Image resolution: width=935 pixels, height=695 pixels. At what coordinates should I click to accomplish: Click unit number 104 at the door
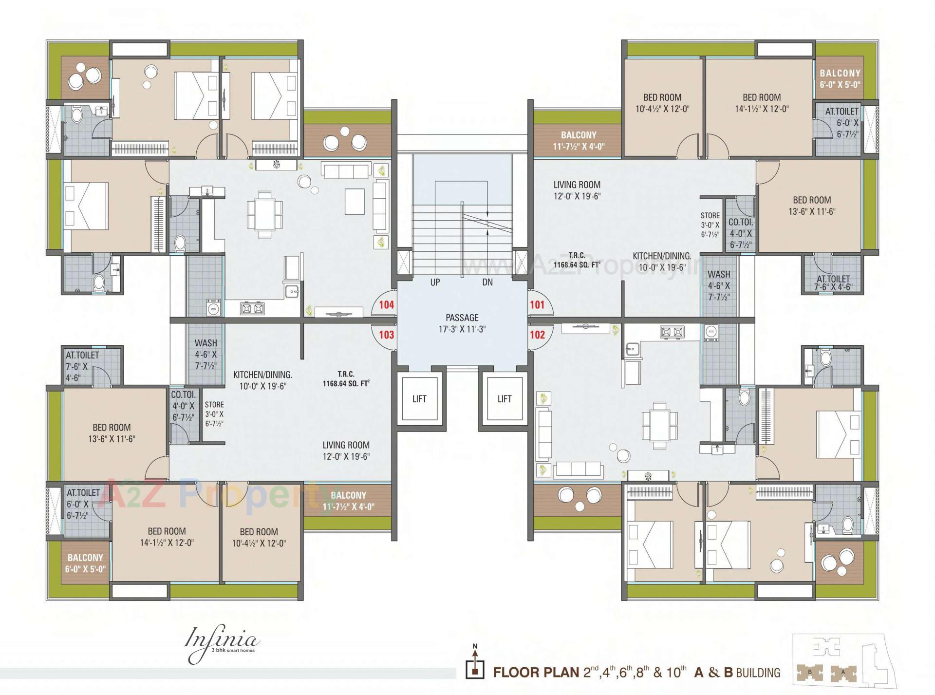pos(386,305)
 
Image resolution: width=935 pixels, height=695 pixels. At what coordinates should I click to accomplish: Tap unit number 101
pos(537,305)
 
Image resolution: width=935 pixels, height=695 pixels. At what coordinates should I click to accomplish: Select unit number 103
pos(386,335)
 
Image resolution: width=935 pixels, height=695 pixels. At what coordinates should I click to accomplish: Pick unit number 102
pos(537,335)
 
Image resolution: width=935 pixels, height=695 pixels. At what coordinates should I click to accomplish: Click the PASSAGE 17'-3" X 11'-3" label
pos(462,323)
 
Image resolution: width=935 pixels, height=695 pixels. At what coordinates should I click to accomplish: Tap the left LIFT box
pos(419,399)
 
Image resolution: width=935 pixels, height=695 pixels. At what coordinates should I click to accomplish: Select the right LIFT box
pos(504,399)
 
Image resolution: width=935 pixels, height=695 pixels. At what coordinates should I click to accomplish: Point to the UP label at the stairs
pos(435,282)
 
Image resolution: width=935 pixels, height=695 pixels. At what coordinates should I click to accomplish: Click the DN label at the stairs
pos(487,282)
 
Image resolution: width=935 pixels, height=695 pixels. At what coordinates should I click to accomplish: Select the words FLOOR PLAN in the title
pos(536,673)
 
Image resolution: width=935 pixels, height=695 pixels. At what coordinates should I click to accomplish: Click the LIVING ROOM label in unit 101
pos(577,190)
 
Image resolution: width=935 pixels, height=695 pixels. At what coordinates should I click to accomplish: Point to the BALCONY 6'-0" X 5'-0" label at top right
pos(840,78)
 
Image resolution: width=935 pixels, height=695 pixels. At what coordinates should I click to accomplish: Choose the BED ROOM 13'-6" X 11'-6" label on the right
pos(812,206)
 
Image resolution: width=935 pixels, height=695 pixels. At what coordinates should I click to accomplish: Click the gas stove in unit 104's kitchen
pos(252,308)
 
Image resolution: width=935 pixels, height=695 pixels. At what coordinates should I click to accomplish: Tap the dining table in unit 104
pos(264,214)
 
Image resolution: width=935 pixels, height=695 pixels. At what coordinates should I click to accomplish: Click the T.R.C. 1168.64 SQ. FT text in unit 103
pos(346,379)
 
